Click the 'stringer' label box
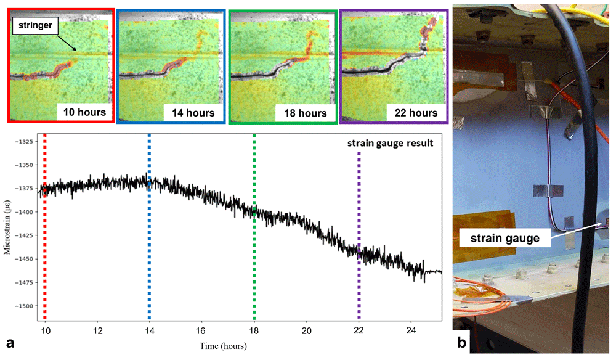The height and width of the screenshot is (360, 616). coord(35,25)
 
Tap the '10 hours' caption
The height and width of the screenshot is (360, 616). coord(84,112)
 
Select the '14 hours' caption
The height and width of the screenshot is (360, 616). coord(193,113)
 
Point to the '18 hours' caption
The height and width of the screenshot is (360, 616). coord(306,113)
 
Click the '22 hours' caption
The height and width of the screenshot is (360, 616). coord(416,113)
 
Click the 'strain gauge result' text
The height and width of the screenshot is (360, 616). coord(390,143)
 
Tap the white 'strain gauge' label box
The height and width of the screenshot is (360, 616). coord(505,238)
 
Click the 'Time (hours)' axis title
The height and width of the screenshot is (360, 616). coord(223,346)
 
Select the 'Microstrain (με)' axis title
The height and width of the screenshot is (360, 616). coord(7,227)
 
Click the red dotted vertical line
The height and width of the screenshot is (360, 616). coord(45,227)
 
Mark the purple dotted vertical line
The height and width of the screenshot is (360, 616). coord(359,236)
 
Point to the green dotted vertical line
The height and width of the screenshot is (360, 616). coord(254,227)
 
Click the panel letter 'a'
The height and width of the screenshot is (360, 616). coord(10,343)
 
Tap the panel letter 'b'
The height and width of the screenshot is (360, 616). coord(462,343)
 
